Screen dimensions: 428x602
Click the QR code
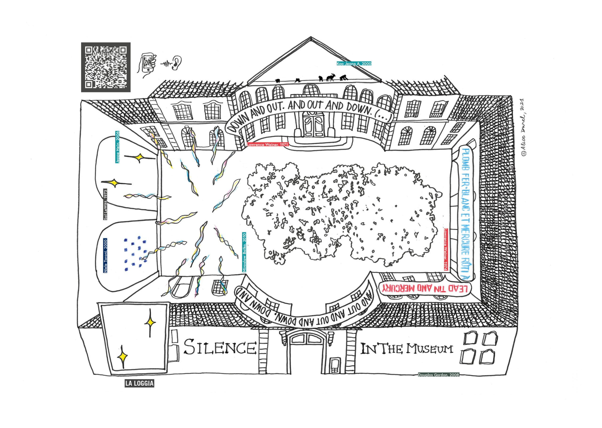click(106, 67)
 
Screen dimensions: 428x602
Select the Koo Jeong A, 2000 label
click(354, 63)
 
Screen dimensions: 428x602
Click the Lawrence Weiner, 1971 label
click(268, 144)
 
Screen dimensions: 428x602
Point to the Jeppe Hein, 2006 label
click(117, 147)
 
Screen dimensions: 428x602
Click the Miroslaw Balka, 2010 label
click(244, 252)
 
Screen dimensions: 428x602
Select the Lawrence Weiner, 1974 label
click(446, 249)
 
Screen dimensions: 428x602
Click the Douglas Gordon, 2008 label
click(439, 374)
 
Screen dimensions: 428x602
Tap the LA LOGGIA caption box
click(139, 383)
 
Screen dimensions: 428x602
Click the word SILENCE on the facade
click(220, 347)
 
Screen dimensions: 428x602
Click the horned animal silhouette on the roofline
click(331, 78)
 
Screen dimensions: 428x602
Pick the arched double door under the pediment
click(313, 124)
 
